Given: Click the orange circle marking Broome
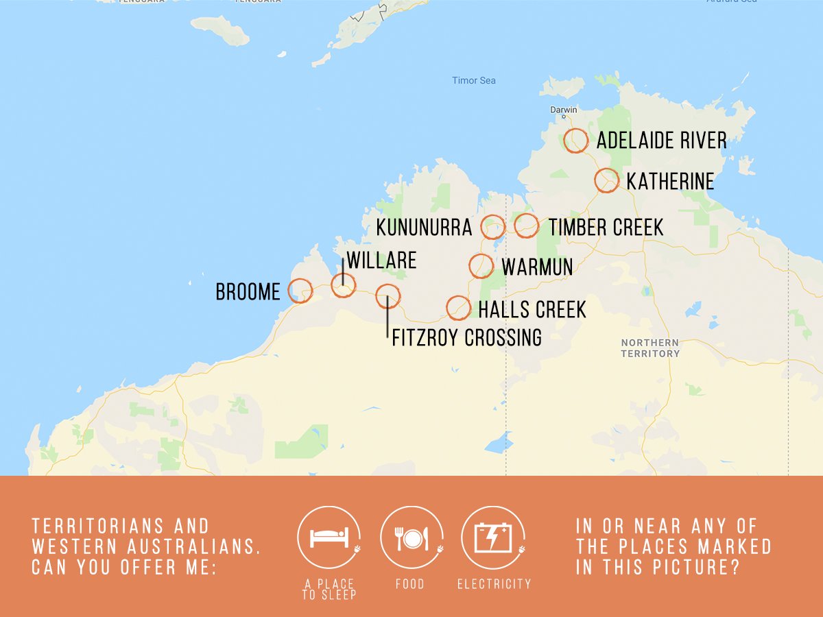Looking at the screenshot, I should [300, 291].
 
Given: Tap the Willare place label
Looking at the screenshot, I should [382, 261].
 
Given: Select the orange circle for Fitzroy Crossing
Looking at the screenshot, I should [387, 296].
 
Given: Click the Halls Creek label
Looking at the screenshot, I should [532, 310].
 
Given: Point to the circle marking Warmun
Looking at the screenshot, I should [481, 266].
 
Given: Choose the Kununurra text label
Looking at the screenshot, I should [424, 228].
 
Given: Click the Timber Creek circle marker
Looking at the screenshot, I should [526, 225].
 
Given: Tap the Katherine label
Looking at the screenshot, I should [670, 182].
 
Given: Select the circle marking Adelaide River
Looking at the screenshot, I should [576, 141].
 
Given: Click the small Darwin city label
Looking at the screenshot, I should [564, 110].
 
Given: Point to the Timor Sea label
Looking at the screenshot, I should [474, 81].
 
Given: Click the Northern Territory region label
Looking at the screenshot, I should [650, 348].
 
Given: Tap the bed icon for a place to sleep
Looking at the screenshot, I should [329, 537].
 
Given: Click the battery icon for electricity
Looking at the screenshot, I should [493, 537].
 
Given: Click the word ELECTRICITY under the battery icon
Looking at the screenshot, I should [494, 584].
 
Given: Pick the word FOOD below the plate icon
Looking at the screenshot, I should [410, 584].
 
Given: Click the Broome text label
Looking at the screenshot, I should [248, 292].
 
